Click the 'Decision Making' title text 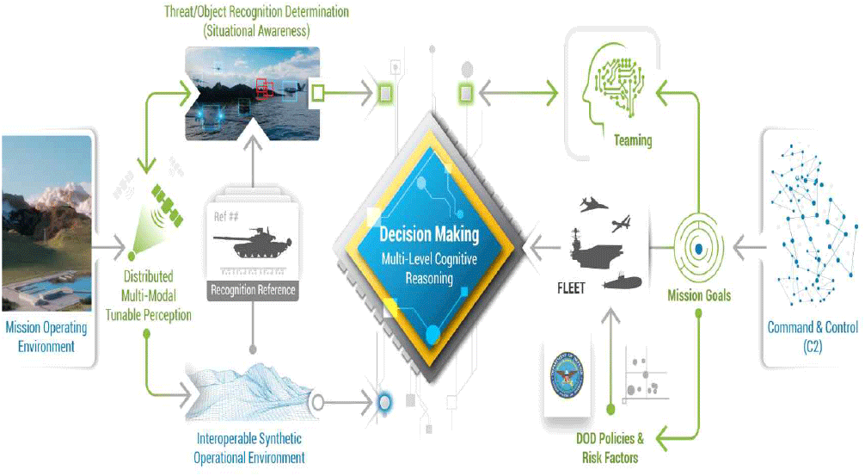point(429,234)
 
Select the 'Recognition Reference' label point(253,290)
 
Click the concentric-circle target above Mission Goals point(698,248)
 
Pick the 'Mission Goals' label point(698,295)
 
